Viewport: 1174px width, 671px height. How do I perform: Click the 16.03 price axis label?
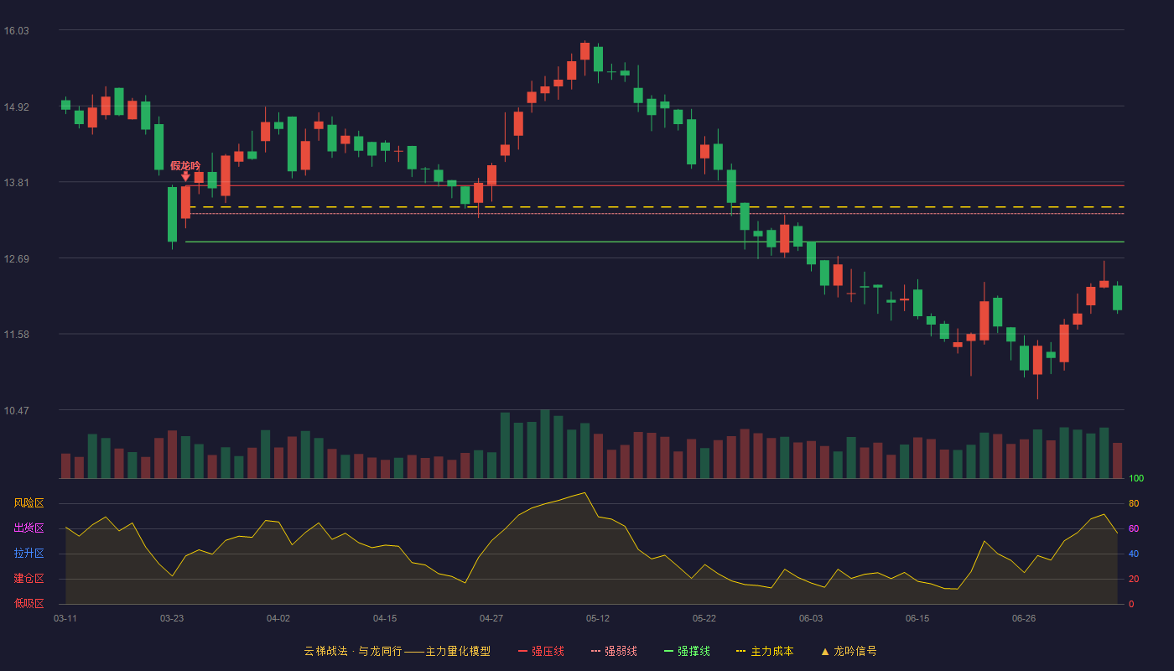click(16, 31)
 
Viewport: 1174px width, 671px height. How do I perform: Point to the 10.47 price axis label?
click(16, 410)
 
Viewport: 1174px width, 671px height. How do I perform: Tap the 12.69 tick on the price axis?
click(16, 259)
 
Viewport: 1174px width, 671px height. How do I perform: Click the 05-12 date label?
click(597, 619)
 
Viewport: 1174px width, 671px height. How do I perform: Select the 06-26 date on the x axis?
click(1024, 619)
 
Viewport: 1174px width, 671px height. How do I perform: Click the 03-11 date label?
click(65, 619)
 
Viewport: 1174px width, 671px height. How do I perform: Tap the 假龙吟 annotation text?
click(185, 166)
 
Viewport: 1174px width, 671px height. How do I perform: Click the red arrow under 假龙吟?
click(185, 176)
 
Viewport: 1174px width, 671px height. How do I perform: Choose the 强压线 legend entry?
click(541, 651)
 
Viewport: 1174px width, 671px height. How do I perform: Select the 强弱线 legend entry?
click(614, 651)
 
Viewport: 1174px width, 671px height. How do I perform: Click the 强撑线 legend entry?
click(687, 651)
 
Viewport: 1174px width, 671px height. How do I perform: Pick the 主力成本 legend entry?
click(765, 651)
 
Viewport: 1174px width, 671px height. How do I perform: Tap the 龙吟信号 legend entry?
click(849, 651)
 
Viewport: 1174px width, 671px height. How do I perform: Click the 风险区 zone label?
click(29, 503)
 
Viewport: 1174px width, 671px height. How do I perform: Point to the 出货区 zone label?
click(29, 528)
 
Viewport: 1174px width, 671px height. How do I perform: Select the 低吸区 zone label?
click(29, 603)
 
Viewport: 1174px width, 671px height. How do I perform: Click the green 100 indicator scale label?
click(1136, 478)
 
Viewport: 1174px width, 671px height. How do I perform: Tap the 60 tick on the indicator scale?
click(1134, 528)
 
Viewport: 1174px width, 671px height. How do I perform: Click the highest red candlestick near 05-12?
click(585, 51)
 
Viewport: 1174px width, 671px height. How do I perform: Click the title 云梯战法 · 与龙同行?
click(353, 651)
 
